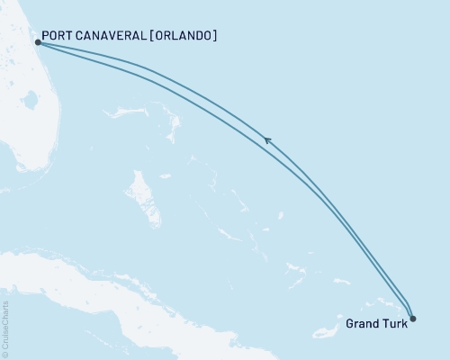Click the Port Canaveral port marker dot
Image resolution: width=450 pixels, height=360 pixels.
37,41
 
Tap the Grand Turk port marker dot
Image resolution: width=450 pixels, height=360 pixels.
412,317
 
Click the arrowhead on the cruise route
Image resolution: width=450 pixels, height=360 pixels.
267,139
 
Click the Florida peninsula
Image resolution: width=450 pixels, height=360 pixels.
22,117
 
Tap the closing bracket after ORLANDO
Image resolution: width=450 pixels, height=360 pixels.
216,37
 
